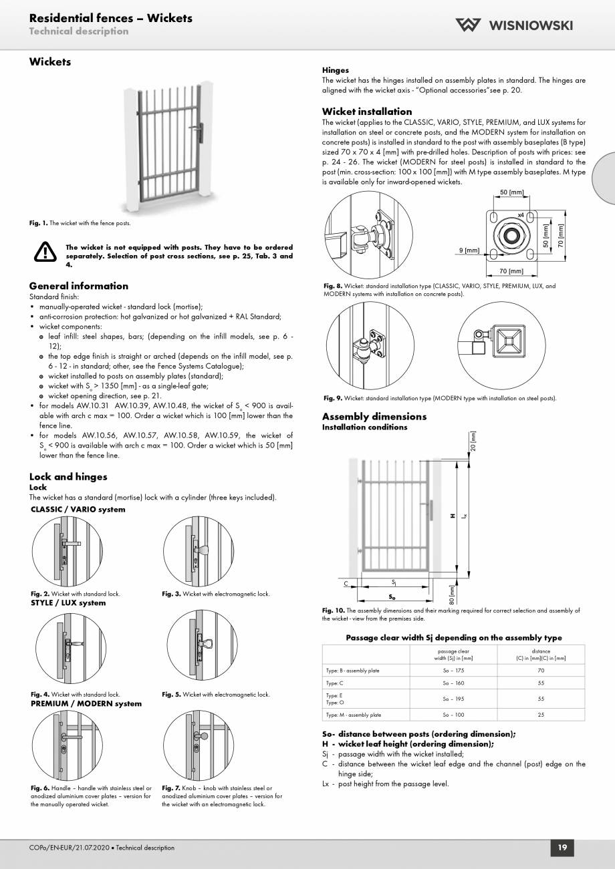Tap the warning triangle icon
[45, 252]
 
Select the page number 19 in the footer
[562, 848]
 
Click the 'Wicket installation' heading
[367, 112]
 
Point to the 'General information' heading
[79, 286]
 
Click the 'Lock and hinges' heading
[68, 477]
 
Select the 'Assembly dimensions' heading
[374, 417]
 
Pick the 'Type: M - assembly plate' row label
[354, 715]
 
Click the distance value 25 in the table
[541, 715]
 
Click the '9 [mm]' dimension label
[469, 250]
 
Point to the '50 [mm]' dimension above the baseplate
[511, 193]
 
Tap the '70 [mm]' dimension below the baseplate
[511, 271]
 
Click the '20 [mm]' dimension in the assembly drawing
[473, 442]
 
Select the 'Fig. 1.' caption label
[39, 223]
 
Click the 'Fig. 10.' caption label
[333, 611]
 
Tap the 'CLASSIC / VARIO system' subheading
[78, 510]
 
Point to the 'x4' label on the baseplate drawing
[521, 215]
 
